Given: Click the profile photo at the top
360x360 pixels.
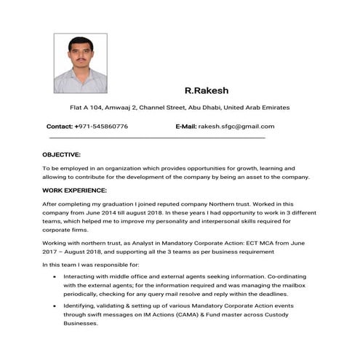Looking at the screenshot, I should pyautogui.click(x=81, y=63).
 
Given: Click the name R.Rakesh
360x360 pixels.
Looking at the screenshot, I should pyautogui.click(x=207, y=91).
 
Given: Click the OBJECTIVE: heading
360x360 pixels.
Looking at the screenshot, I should pyautogui.click(x=61, y=155).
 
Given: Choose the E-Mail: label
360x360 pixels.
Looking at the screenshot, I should pyautogui.click(x=186, y=127).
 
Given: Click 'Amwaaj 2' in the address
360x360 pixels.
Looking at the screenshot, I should pyautogui.click(x=123, y=108).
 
